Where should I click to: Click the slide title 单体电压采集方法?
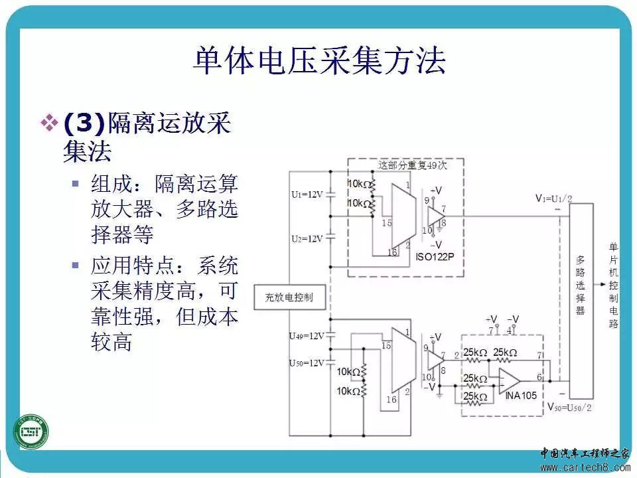tap(318, 62)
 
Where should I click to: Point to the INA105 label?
tap(522, 396)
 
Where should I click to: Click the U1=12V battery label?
tap(307, 195)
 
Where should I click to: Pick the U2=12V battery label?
tap(307, 238)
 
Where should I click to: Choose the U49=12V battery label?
tap(307, 336)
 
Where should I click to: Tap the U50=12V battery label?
tap(307, 363)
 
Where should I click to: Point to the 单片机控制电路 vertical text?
tap(613, 285)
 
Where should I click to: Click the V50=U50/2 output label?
tap(569, 405)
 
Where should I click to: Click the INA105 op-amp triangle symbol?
tap(510, 380)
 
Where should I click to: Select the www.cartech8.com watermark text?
tap(584, 468)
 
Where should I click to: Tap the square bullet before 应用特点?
tap(76, 266)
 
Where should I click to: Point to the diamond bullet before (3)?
tap(50, 123)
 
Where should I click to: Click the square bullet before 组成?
tap(76, 183)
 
